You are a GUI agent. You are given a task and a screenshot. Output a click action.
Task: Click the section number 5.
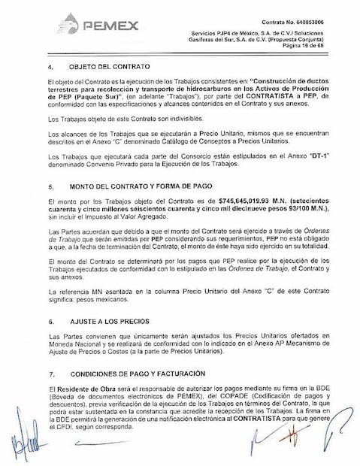(49, 185)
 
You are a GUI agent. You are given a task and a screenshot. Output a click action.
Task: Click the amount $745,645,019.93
(226, 203)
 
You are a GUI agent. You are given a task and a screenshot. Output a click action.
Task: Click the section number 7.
(49, 372)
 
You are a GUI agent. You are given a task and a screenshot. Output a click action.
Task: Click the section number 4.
(49, 67)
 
